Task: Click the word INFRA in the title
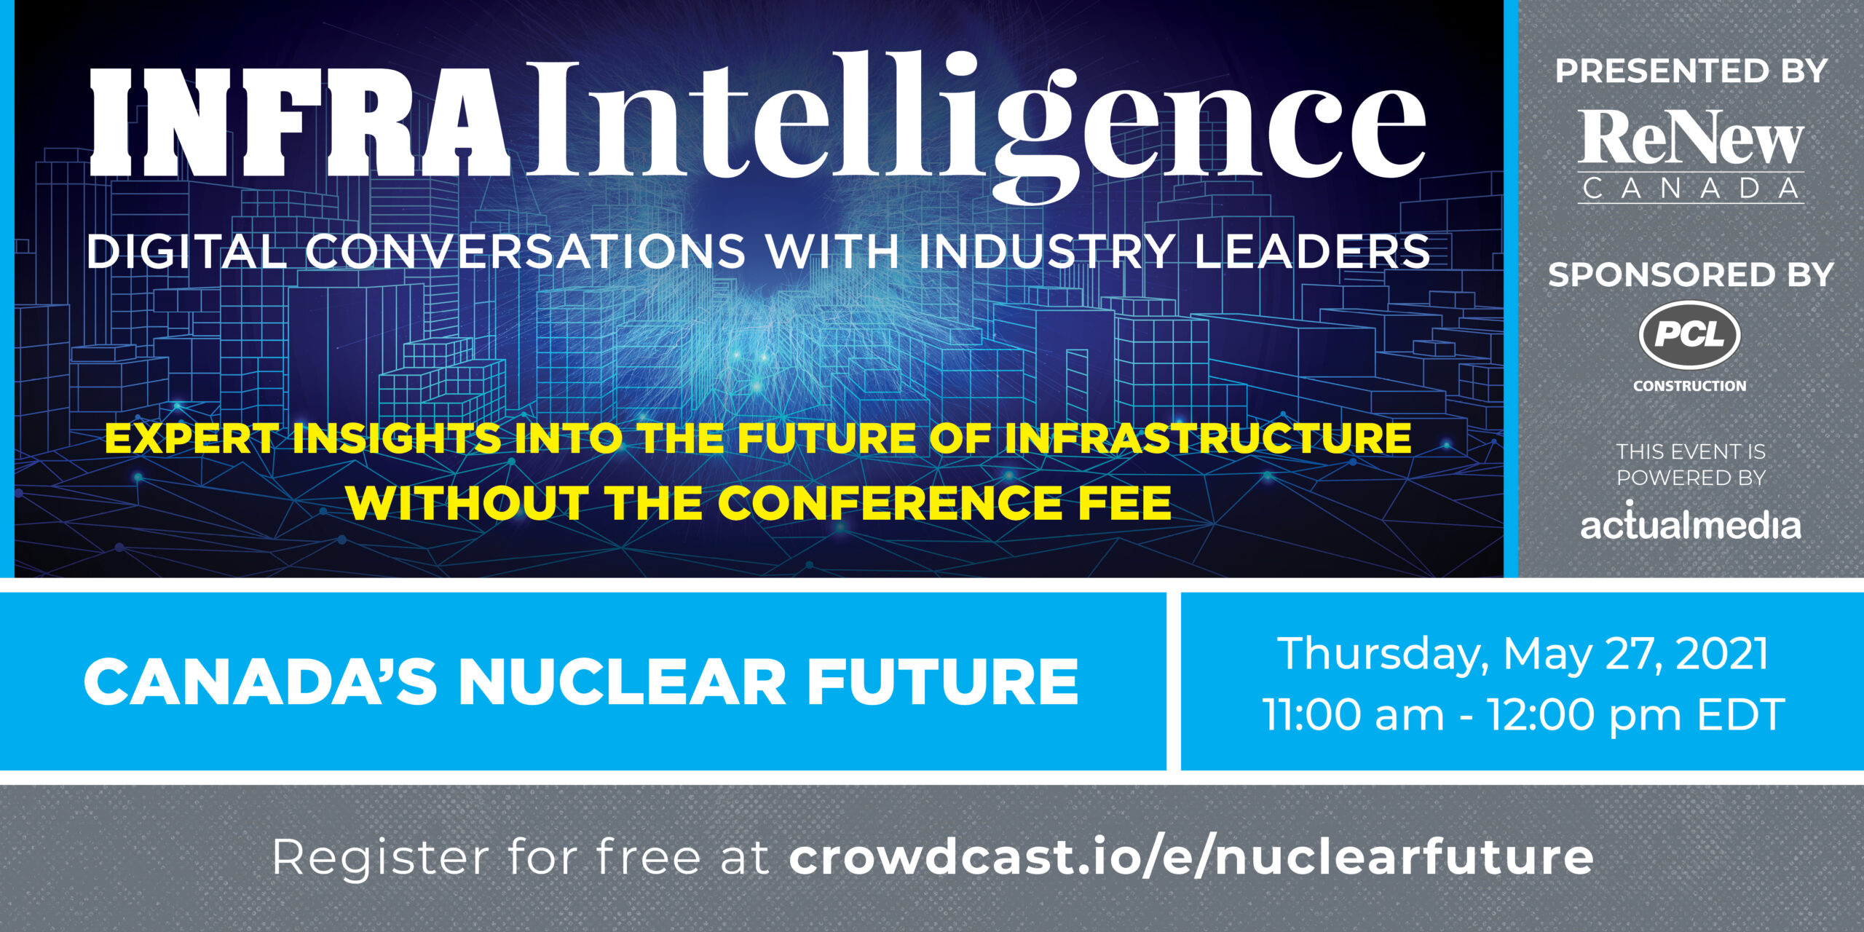(299, 122)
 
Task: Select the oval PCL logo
(1690, 335)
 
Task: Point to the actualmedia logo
(1691, 520)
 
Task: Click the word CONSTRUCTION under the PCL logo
(1690, 386)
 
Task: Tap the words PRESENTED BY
(1691, 71)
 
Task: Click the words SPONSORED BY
(1691, 275)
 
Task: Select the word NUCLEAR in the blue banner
(623, 682)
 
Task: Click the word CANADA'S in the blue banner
(260, 682)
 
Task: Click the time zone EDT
(1741, 714)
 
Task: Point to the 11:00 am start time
(1353, 714)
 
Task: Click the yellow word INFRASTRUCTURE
(1208, 438)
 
